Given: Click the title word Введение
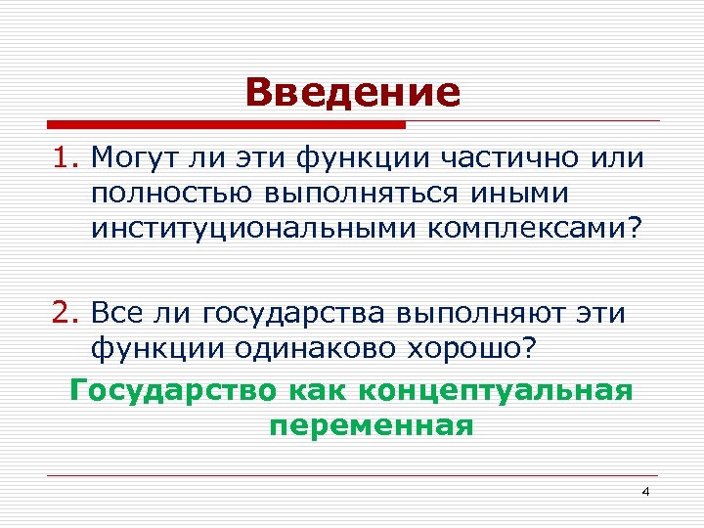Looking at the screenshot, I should (x=352, y=93).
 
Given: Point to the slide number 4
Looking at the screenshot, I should (x=644, y=490).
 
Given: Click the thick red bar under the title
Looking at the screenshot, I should (x=226, y=125).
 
